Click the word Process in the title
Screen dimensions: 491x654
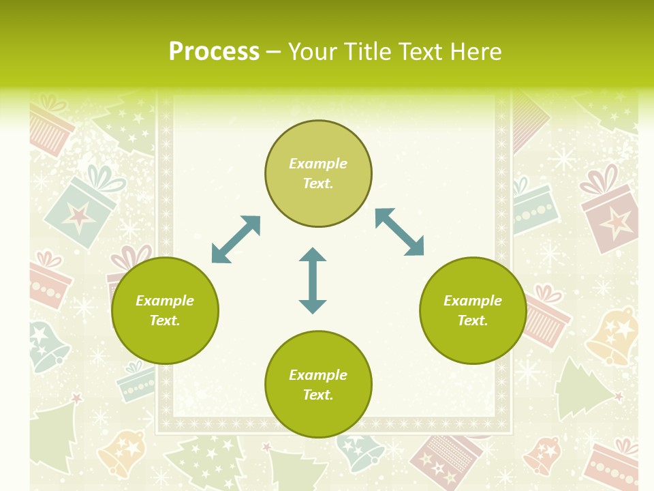point(214,52)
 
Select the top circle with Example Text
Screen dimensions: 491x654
point(318,174)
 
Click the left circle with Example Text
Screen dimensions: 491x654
point(165,310)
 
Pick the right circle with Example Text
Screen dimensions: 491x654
point(473,310)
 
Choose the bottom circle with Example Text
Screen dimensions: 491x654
point(318,385)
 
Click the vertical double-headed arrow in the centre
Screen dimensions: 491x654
point(313,281)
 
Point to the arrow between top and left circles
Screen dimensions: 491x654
point(236,239)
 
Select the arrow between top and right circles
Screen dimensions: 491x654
point(399,232)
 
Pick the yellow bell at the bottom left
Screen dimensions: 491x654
point(123,451)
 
